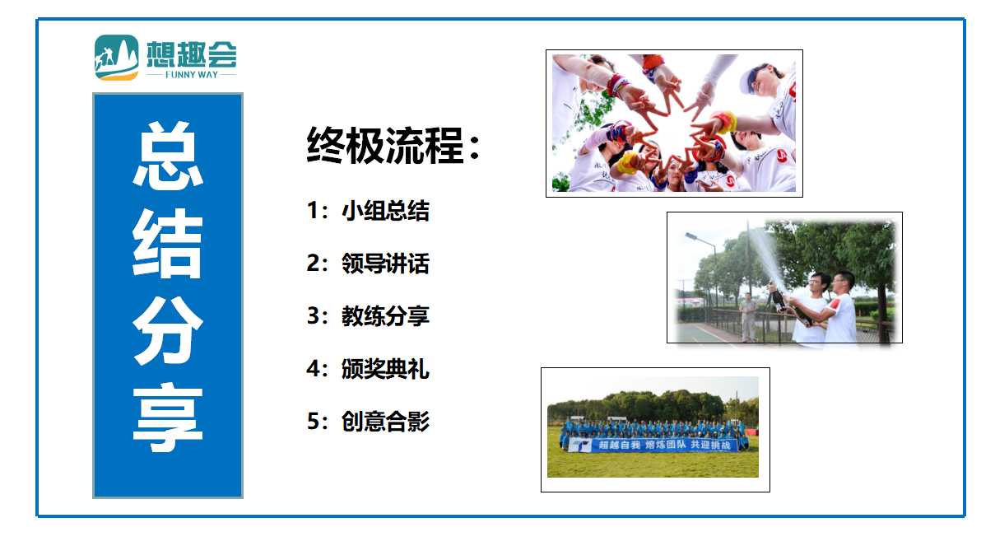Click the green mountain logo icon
pyautogui.click(x=116, y=58)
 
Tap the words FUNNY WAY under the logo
pyautogui.click(x=192, y=75)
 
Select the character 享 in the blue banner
pyautogui.click(x=168, y=418)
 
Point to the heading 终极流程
pyautogui.click(x=385, y=145)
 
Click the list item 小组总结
pyautogui.click(x=385, y=211)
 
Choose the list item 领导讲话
pyautogui.click(x=385, y=263)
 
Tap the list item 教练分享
pyautogui.click(x=385, y=316)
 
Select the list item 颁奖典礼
pyautogui.click(x=385, y=369)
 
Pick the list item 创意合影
pyautogui.click(x=385, y=422)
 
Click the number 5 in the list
pyautogui.click(x=313, y=422)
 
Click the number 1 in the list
pyautogui.click(x=312, y=211)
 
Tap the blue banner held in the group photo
pyautogui.click(x=653, y=445)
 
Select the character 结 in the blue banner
pyautogui.click(x=168, y=242)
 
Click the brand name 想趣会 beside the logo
pyautogui.click(x=192, y=54)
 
